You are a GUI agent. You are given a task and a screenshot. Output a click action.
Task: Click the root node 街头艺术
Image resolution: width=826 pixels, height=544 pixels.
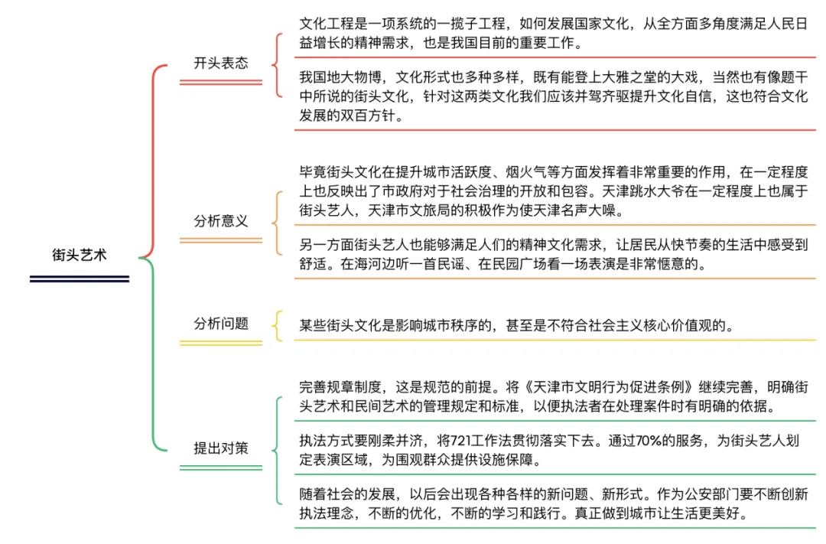80,256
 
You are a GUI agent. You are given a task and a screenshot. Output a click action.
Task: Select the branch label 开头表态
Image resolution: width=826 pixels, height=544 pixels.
221,64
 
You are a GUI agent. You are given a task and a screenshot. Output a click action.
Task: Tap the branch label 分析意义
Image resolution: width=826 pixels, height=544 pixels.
221,221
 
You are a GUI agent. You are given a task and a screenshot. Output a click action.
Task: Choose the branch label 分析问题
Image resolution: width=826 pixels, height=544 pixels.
221,324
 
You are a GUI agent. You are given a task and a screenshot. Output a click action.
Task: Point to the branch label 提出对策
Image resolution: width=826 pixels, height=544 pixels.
221,448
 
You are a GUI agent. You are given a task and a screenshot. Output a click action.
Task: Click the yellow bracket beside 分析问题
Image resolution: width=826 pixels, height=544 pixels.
278,325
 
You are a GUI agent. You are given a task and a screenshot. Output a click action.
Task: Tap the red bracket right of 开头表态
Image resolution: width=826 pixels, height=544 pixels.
278,65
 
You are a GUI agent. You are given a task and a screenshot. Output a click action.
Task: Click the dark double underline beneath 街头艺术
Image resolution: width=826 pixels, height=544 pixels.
80,279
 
